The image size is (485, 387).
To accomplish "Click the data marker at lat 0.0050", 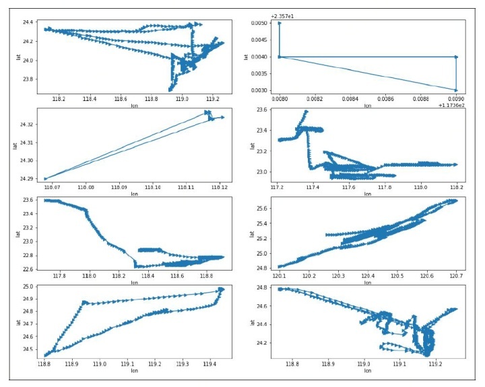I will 280,23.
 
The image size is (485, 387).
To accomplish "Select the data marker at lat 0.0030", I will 456,90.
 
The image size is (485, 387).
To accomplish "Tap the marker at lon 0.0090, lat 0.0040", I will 456,57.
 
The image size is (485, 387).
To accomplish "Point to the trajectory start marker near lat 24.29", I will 45,179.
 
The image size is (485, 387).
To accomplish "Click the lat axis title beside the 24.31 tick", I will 15,143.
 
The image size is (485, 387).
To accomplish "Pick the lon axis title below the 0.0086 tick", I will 367,105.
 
